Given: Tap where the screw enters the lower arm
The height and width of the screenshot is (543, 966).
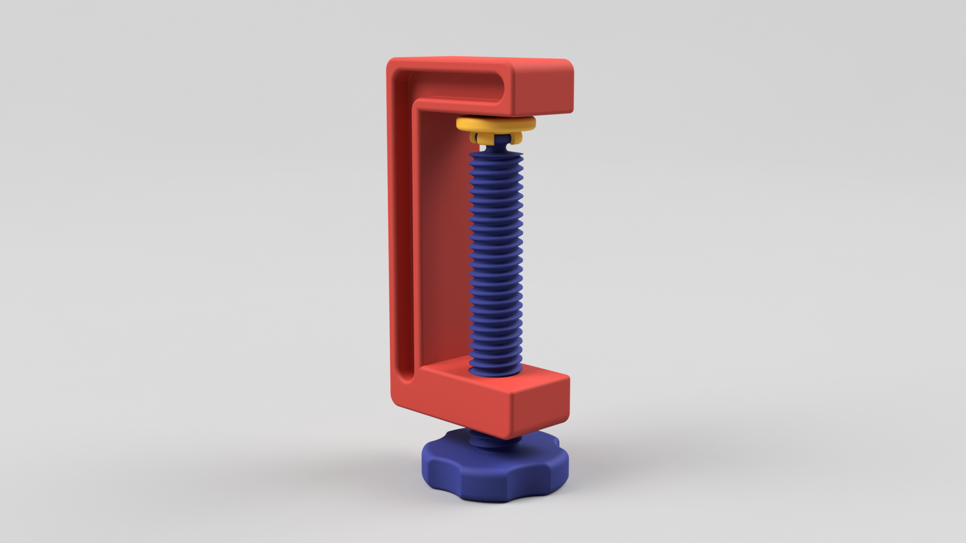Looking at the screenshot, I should [x=496, y=373].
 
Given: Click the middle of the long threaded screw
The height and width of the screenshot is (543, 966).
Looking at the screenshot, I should [x=496, y=261].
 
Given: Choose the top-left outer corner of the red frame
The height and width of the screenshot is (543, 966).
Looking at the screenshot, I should [x=390, y=63].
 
